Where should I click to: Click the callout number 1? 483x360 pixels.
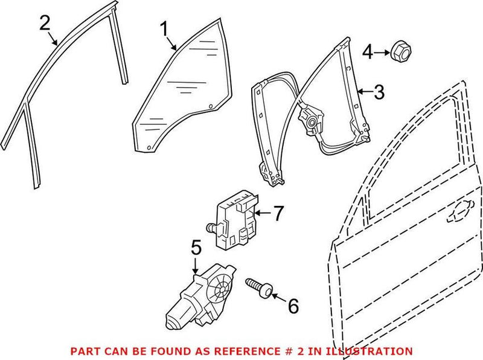click(x=163, y=28)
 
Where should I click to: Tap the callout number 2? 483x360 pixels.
click(x=44, y=24)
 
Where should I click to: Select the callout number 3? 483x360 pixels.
click(x=378, y=92)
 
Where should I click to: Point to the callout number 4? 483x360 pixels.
click(x=366, y=54)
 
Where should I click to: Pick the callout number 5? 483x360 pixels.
click(x=196, y=248)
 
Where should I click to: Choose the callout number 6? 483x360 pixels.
click(x=292, y=306)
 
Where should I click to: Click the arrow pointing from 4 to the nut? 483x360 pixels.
click(x=380, y=54)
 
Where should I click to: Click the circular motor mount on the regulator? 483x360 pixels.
click(x=313, y=123)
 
